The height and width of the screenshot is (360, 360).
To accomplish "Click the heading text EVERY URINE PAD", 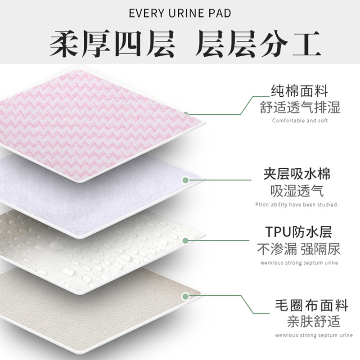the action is pyautogui.click(x=180, y=13).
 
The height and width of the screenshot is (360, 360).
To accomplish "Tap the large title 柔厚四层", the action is pyautogui.click(x=111, y=44).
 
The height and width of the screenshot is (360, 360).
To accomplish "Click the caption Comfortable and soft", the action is pyautogui.click(x=300, y=121).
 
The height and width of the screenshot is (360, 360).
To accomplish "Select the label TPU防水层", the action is pyautogui.click(x=300, y=233).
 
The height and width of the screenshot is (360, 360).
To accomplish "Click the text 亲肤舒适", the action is pyautogui.click(x=311, y=322).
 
